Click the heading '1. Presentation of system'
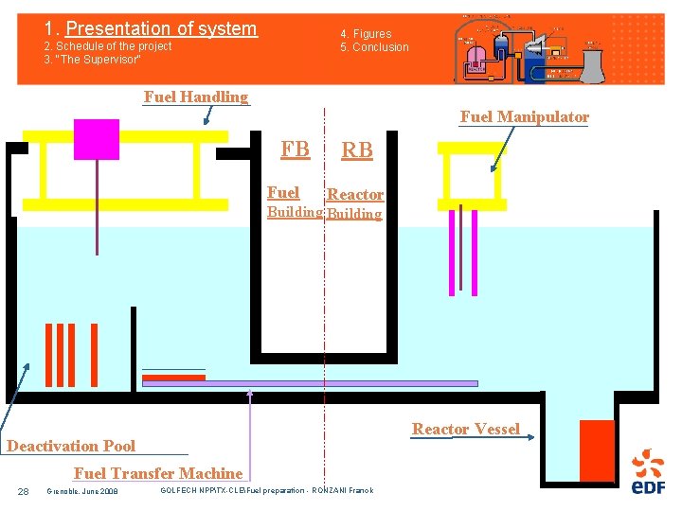tap(152, 28)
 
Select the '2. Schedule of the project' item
tap(108, 46)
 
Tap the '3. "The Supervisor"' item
tap(93, 60)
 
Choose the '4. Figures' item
tap(366, 34)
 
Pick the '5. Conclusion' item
tap(375, 47)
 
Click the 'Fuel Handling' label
tap(195, 97)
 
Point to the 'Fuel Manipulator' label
tap(524, 117)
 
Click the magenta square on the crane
tap(97, 139)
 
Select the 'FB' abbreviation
tap(295, 149)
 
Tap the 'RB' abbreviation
tap(357, 150)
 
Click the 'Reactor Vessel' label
tap(465, 430)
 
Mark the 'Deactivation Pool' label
tap(71, 446)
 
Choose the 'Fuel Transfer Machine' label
tap(158, 473)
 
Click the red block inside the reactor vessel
tap(597, 450)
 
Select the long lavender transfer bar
tap(310, 383)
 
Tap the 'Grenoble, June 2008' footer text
tap(82, 491)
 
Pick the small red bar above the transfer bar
tap(173, 377)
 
